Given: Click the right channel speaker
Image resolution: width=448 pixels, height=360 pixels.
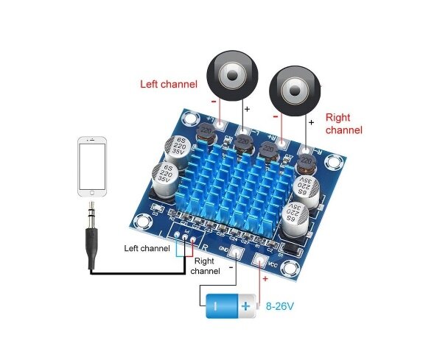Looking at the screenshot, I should point(293,91).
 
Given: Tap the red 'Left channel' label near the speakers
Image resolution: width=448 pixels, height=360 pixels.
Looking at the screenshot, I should point(169,84).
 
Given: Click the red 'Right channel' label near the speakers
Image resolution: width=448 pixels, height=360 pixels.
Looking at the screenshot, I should point(343,124).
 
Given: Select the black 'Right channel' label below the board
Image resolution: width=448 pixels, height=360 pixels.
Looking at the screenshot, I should point(205,266).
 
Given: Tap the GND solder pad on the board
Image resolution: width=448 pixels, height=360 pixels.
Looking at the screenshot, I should point(237,252).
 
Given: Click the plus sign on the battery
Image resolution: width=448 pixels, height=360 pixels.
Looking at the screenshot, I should point(245,304).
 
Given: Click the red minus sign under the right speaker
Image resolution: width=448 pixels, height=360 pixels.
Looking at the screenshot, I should point(276,116).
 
